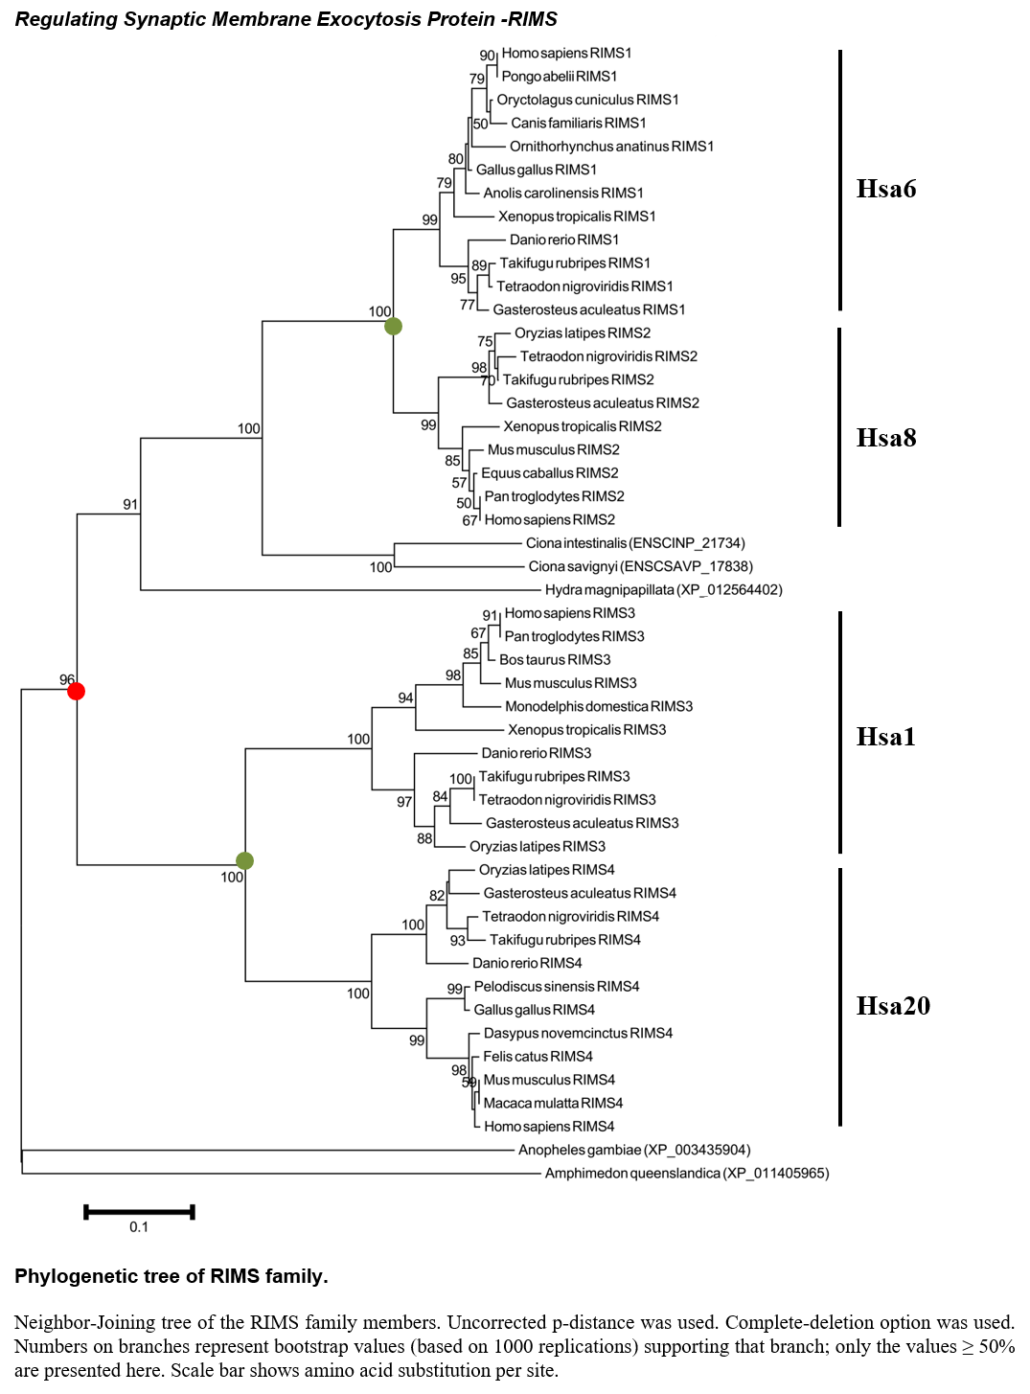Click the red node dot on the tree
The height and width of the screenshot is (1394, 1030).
76,692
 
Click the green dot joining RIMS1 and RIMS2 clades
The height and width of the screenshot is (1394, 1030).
393,326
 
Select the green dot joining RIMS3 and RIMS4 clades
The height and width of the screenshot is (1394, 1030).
244,860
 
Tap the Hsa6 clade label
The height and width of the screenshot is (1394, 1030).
886,189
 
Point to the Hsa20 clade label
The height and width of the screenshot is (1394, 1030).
893,1006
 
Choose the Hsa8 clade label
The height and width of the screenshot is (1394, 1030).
886,438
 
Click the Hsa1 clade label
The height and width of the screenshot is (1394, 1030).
885,737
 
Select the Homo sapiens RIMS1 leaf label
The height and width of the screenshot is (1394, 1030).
566,53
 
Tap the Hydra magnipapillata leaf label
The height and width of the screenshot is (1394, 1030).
663,589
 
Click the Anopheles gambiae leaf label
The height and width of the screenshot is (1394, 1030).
634,1150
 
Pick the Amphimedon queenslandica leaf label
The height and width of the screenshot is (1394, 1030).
687,1173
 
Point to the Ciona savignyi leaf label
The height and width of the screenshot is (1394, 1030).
640,566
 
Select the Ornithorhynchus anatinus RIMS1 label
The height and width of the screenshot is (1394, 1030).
611,147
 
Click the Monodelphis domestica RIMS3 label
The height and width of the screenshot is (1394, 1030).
599,706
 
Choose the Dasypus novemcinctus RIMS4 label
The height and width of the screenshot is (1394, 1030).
577,1033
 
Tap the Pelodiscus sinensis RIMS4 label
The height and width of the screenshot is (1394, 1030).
557,986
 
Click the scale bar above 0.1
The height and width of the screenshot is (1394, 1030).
139,1212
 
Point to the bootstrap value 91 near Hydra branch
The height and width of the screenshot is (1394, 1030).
130,504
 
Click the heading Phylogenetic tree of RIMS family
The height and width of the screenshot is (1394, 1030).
172,1276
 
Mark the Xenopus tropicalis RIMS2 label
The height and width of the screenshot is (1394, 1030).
583,426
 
